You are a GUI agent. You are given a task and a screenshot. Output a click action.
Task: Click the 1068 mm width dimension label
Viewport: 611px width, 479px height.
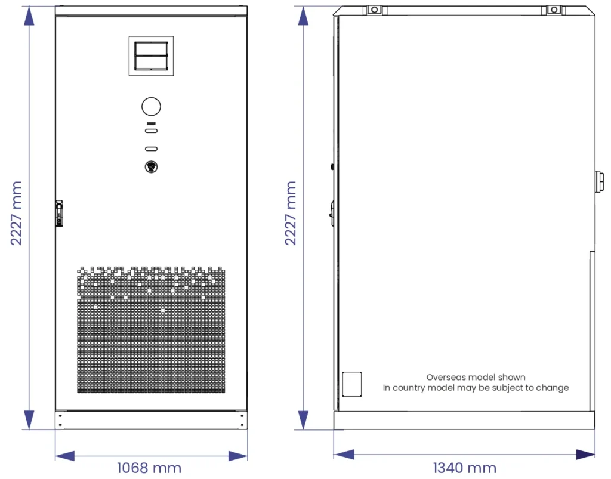[149, 468]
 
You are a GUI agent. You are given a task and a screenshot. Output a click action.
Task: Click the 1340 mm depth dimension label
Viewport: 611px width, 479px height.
[464, 468]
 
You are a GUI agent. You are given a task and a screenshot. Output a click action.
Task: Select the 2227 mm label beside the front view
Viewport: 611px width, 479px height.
[16, 213]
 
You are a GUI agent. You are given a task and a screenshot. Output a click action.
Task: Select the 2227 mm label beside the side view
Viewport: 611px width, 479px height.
[291, 213]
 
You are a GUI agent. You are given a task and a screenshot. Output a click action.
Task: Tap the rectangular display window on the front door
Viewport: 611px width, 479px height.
[151, 55]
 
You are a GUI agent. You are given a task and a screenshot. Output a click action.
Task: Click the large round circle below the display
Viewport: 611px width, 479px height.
[151, 106]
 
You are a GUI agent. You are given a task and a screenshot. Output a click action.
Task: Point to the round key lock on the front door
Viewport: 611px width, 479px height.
[151, 167]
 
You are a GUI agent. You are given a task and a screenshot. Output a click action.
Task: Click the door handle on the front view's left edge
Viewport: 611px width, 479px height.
[59, 214]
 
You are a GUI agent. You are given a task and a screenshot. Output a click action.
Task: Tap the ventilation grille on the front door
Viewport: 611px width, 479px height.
[151, 329]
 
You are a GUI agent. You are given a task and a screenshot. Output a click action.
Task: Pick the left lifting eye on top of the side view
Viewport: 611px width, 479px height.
[375, 10]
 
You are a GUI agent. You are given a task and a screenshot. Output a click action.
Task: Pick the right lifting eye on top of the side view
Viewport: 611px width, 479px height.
[554, 10]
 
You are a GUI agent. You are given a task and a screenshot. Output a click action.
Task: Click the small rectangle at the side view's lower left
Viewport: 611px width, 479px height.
[352, 384]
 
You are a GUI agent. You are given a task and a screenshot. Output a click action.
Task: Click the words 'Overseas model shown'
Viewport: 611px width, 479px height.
[476, 377]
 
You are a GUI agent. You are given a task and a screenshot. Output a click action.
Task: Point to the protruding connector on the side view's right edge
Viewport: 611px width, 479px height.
[599, 181]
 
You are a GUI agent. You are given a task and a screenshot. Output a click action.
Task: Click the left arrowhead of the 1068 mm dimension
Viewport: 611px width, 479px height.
[64, 456]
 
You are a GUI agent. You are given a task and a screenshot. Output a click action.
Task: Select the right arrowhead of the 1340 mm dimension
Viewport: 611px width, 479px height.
[586, 454]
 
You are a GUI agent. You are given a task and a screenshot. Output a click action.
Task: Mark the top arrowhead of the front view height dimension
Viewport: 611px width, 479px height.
[29, 16]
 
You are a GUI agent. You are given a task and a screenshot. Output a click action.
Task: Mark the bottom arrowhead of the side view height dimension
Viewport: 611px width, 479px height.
[304, 420]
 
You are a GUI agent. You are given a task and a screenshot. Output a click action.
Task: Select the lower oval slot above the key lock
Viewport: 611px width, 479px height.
[151, 149]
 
